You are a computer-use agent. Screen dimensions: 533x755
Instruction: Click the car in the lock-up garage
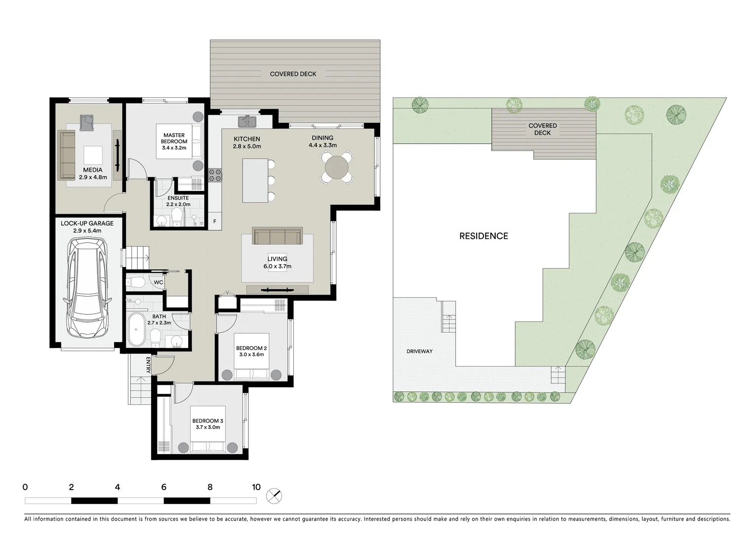point(86,288)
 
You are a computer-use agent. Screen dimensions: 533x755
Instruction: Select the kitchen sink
point(245,121)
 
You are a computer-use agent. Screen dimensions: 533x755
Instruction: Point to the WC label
point(158,282)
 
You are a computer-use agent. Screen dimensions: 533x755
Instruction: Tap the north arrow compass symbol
point(274,495)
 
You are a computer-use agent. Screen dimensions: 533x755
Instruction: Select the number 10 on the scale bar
point(256,487)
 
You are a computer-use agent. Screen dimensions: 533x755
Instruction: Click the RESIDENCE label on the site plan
point(483,236)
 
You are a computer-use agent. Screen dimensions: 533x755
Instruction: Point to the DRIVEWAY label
point(419,351)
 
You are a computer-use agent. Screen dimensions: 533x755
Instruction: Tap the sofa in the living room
point(277,236)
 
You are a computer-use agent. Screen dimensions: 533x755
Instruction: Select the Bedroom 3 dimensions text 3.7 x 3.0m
point(207,427)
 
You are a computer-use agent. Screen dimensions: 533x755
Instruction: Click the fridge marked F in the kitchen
point(215,222)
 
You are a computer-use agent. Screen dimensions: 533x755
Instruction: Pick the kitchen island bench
point(255,180)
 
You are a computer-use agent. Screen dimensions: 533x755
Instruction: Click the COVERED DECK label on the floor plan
point(293,74)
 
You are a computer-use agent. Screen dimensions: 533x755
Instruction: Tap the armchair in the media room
point(87,122)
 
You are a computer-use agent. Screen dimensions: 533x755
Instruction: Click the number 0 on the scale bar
point(25,487)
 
